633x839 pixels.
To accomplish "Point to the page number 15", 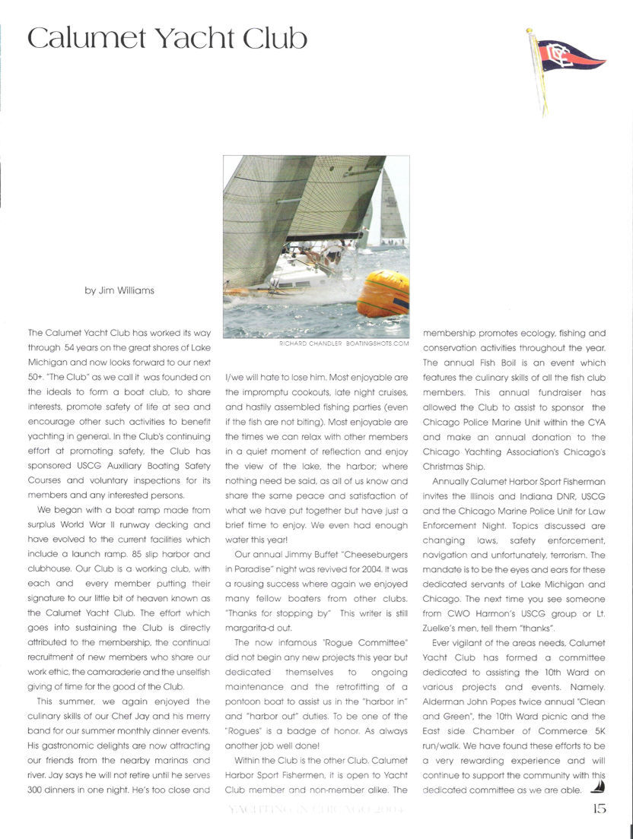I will tap(599, 809).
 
